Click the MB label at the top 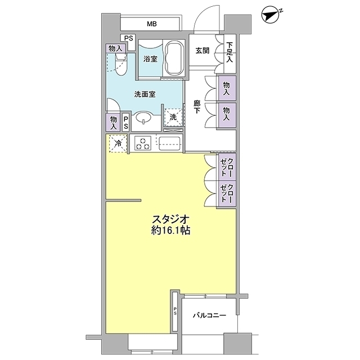pyautogui.click(x=152, y=24)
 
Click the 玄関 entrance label pyautogui.click(x=202, y=51)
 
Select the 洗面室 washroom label pyautogui.click(x=145, y=95)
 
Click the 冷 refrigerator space pyautogui.click(x=118, y=143)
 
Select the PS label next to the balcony pyautogui.click(x=175, y=312)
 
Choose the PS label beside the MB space pyautogui.click(x=129, y=38)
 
